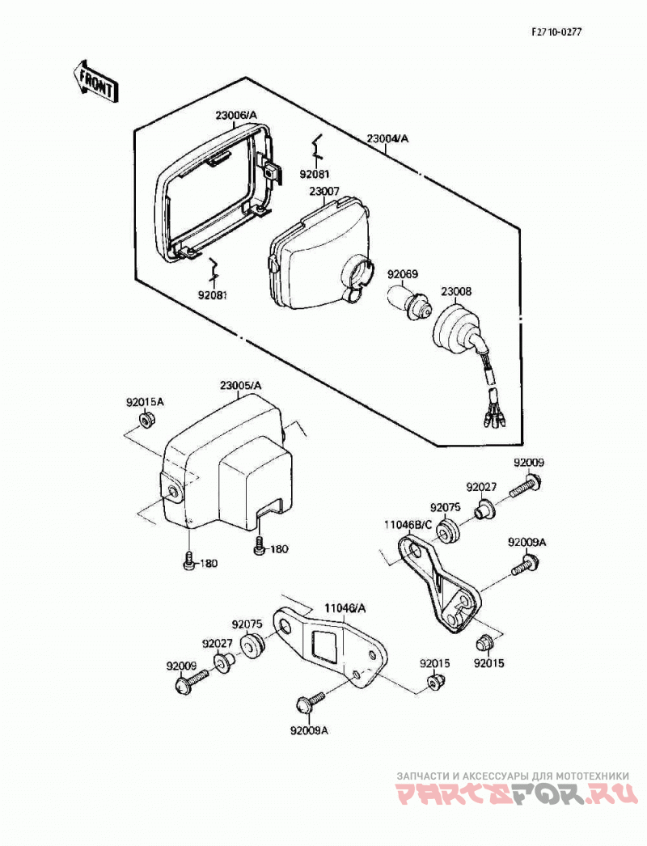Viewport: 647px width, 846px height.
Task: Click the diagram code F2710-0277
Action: coord(556,32)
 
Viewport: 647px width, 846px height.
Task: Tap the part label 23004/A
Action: coord(388,138)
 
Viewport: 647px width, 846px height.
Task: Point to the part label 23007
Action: coord(324,192)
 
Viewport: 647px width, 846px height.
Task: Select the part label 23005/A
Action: coord(241,386)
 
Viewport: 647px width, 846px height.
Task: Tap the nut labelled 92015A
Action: coord(145,420)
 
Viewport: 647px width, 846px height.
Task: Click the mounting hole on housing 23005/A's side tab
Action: coord(173,490)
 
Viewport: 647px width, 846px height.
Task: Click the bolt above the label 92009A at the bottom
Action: coord(309,702)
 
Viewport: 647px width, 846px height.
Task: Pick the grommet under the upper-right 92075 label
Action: coord(446,531)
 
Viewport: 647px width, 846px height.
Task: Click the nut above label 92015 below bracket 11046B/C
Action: coord(483,643)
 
